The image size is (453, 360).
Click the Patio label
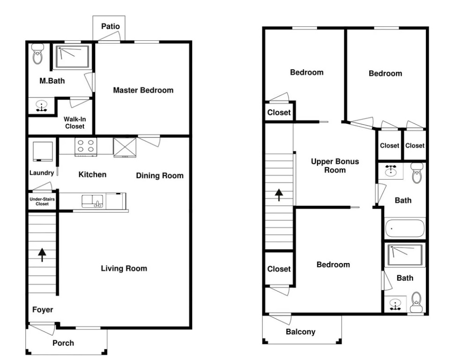(x=110, y=26)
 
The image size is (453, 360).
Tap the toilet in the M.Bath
(x=37, y=54)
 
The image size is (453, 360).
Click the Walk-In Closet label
(x=74, y=123)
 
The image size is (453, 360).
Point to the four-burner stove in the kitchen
(x=86, y=147)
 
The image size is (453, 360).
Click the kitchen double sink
(x=92, y=201)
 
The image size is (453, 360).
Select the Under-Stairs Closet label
(x=42, y=201)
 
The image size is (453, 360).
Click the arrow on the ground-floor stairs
(x=42, y=255)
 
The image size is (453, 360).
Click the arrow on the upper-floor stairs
(x=279, y=195)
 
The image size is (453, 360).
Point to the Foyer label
(x=43, y=310)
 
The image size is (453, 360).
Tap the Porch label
(x=63, y=343)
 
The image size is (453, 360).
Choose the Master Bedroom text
(x=143, y=90)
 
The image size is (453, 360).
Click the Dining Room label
(x=160, y=175)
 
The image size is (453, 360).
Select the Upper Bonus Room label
(x=335, y=165)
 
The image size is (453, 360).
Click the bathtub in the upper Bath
(x=404, y=228)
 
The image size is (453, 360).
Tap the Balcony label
(x=300, y=332)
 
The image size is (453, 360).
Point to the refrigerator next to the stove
(x=125, y=148)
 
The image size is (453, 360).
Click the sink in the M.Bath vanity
(x=42, y=106)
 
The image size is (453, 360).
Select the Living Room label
(x=124, y=268)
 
